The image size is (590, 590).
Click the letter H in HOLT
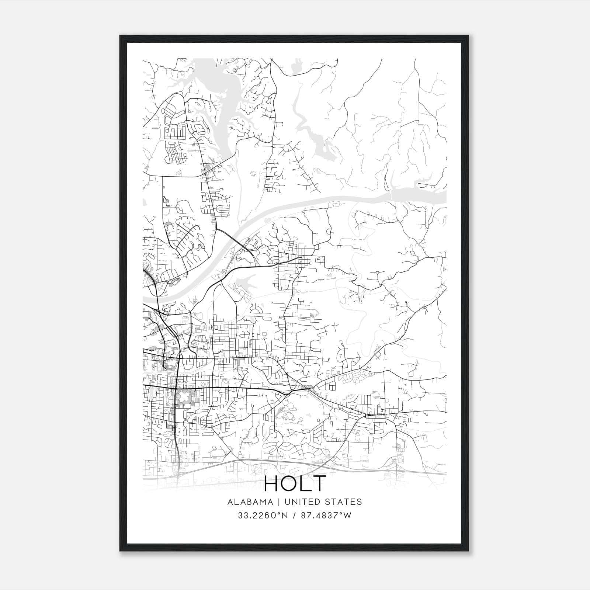point(272,483)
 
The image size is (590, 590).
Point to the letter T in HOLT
point(319,483)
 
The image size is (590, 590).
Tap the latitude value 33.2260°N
point(259,516)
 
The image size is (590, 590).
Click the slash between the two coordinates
point(294,516)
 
